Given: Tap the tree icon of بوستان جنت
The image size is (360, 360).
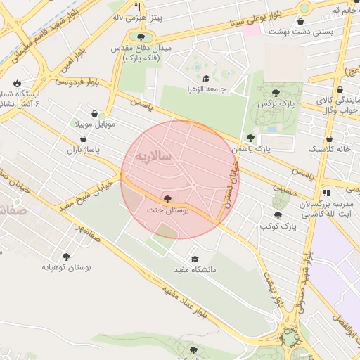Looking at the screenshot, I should click(166, 199).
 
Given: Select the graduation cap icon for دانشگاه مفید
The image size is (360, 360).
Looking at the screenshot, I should click(195, 259).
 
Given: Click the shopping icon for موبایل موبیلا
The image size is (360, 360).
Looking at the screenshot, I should click(95, 113).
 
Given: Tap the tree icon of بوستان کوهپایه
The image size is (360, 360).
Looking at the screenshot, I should click(66, 257).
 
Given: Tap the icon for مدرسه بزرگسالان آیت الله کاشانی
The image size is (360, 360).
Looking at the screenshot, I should click(325, 192).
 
